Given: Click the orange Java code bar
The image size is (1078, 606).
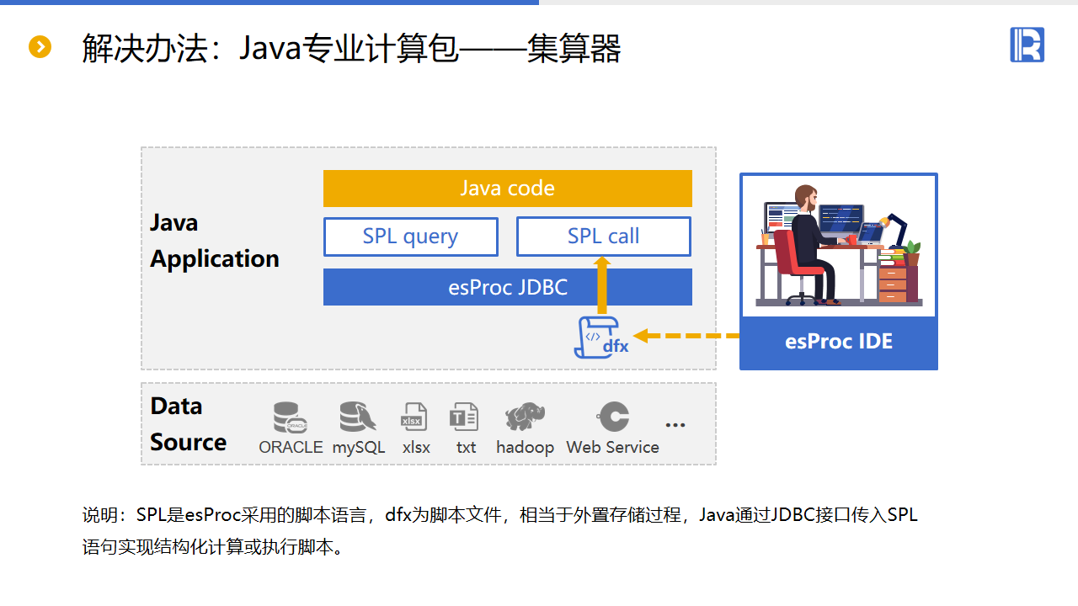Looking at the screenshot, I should pyautogui.click(x=507, y=189).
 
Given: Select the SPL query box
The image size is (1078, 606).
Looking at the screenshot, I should pyautogui.click(x=410, y=237).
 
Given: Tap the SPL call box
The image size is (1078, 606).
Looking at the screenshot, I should pyautogui.click(x=603, y=237).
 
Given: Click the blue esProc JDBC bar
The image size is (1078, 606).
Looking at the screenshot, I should pyautogui.click(x=507, y=287).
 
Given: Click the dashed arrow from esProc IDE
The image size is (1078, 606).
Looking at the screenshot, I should pyautogui.click(x=686, y=336).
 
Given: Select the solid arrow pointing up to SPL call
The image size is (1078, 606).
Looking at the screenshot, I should pyautogui.click(x=602, y=286).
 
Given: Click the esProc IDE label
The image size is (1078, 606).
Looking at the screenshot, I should pyautogui.click(x=838, y=342).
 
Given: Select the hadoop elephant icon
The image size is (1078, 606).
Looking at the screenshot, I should pyautogui.click(x=525, y=417).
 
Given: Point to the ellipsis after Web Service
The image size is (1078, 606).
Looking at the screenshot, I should pyautogui.click(x=675, y=425).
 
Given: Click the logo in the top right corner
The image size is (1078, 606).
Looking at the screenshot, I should pyautogui.click(x=1027, y=45).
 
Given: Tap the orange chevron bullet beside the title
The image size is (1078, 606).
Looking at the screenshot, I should pyautogui.click(x=40, y=47).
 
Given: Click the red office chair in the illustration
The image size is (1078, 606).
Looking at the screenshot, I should pyautogui.click(x=792, y=261).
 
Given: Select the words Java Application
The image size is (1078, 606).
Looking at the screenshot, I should pyautogui.click(x=214, y=241).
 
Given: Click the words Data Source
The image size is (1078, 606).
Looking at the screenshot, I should pyautogui.click(x=188, y=424).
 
